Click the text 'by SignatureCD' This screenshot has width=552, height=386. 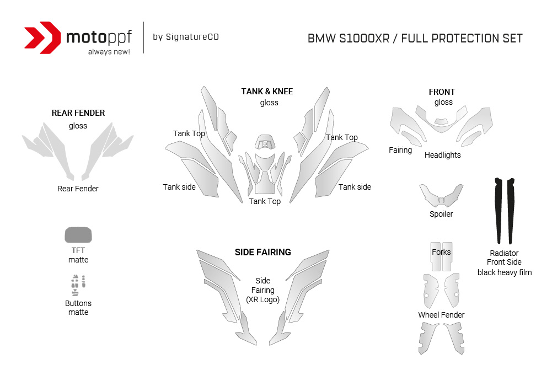point(185,37)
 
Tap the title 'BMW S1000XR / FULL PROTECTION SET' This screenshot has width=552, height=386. point(415,39)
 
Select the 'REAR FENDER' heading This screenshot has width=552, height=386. point(78,113)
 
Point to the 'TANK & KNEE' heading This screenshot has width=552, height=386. point(267,91)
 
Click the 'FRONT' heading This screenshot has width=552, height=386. point(442,92)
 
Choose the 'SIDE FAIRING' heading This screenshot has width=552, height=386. point(263,252)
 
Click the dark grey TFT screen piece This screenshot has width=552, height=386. point(78,235)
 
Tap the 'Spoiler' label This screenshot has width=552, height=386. point(441,214)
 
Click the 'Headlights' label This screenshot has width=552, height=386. point(442,155)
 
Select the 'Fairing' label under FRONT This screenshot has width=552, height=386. point(400,150)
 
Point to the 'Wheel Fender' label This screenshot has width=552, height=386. point(441,315)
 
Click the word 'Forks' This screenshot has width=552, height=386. point(441,252)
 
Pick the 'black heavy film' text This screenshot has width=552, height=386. point(505,272)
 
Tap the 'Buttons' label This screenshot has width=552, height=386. point(78,303)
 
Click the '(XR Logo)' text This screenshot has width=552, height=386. point(263,299)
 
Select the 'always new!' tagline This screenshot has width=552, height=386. point(109,52)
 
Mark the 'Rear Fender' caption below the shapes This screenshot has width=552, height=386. point(78,189)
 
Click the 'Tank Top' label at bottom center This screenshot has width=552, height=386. point(265,201)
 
